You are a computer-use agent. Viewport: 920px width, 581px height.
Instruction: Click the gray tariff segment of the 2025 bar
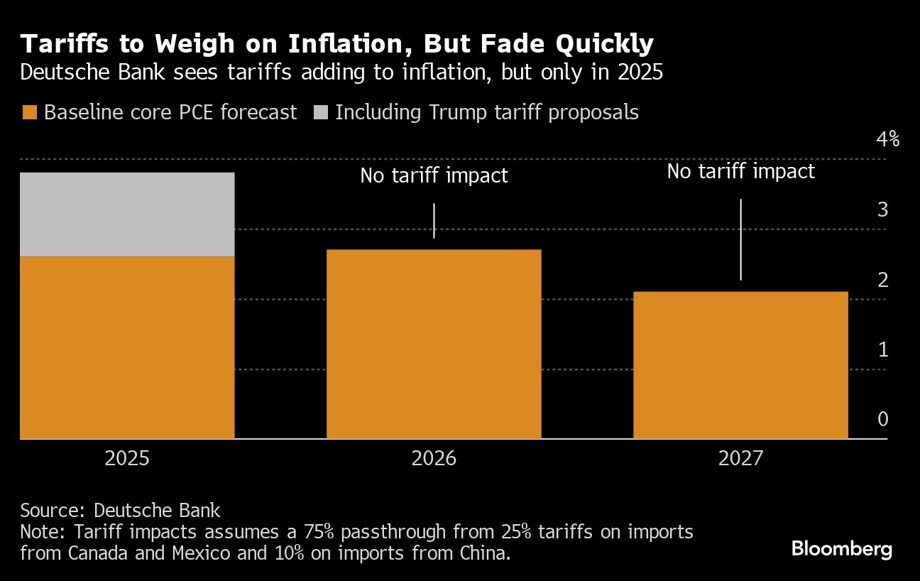pos(127,214)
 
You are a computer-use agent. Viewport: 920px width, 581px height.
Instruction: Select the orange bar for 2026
pos(434,344)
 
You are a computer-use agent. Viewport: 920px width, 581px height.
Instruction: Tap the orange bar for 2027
pos(740,365)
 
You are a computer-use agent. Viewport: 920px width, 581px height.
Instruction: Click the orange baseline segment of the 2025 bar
pos(127,347)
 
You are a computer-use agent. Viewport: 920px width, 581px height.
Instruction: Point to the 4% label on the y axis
pos(887,139)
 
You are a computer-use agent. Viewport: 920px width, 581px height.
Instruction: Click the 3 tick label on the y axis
pos(883,210)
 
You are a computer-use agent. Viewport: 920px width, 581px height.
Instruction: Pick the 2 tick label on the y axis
pos(883,280)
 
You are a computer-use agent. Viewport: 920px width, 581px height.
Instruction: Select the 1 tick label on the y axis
pos(883,349)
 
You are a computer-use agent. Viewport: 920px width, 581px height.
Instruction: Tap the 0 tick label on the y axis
pos(883,419)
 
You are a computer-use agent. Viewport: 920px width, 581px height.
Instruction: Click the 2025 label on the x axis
pos(127,459)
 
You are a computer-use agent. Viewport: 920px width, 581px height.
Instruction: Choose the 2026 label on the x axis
pos(434,459)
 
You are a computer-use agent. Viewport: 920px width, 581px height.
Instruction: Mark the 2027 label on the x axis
pos(740,459)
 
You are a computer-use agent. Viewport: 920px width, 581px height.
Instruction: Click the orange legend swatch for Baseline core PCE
pos(29,112)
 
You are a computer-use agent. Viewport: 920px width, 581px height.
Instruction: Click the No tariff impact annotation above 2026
pos(434,175)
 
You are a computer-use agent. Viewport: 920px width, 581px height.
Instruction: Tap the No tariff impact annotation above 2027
pos(740,171)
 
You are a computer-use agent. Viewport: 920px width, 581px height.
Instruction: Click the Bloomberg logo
pos(841,548)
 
